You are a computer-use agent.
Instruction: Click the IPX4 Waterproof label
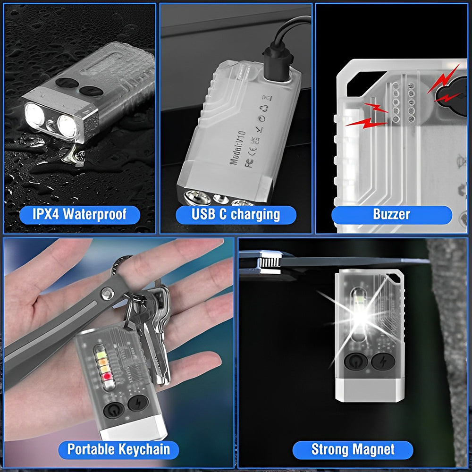pos(79,215)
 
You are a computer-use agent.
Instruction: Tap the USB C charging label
pos(236,215)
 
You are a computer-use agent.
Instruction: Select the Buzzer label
pos(392,215)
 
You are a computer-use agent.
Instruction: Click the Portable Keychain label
pos(118,450)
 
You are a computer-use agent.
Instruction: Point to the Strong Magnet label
pos(353,450)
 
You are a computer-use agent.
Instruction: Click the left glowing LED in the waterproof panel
pos(35,115)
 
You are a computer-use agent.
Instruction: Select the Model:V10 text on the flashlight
pos(238,147)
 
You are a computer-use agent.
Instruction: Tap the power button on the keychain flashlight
pos(113,410)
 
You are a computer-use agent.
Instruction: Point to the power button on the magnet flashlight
pos(356,362)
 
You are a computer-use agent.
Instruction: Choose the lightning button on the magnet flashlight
pos(383,361)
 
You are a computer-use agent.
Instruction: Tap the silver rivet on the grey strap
pos(107,294)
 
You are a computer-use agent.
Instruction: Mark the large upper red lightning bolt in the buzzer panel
pos(443,78)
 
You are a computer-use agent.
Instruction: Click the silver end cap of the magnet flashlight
pos(369,390)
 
